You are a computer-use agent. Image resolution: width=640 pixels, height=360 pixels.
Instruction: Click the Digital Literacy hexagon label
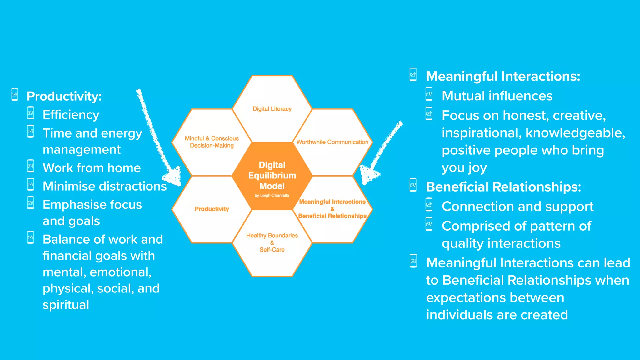pyautogui.click(x=272, y=109)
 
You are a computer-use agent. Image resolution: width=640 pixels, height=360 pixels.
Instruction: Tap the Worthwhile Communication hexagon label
pyautogui.click(x=332, y=142)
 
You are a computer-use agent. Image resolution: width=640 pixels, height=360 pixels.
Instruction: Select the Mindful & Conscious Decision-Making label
pyautogui.click(x=212, y=142)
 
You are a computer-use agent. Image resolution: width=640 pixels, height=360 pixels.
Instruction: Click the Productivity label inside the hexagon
pyautogui.click(x=212, y=209)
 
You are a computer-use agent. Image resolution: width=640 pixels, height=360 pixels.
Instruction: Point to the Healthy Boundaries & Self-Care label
pyautogui.click(x=272, y=242)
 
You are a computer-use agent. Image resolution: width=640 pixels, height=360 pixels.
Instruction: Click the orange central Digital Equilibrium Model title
pyautogui.click(x=272, y=175)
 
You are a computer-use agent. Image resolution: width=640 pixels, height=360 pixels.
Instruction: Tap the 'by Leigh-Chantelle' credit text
pyautogui.click(x=272, y=196)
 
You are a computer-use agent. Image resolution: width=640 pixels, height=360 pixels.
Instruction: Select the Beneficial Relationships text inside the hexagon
pyautogui.click(x=332, y=216)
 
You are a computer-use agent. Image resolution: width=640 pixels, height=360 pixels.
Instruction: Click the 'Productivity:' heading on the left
pyautogui.click(x=64, y=96)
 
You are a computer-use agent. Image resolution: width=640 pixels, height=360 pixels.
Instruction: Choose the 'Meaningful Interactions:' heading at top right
pyautogui.click(x=503, y=76)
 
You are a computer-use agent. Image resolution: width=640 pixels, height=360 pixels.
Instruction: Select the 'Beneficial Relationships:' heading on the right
pyautogui.click(x=503, y=187)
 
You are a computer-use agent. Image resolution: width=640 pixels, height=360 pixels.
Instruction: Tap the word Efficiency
pyautogui.click(x=71, y=115)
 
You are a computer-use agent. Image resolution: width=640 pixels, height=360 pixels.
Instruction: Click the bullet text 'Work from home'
pyautogui.click(x=92, y=168)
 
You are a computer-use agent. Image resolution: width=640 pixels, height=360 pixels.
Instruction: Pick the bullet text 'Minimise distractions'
pyautogui.click(x=105, y=186)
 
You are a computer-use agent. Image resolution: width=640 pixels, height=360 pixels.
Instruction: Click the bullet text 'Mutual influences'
pyautogui.click(x=497, y=96)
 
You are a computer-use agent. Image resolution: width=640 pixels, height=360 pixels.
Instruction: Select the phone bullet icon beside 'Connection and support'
pyautogui.click(x=429, y=205)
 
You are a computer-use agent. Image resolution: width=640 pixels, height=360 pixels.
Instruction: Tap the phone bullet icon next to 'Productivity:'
pyautogui.click(x=15, y=94)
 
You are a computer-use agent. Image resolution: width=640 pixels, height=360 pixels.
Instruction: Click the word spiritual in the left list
pyautogui.click(x=66, y=305)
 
